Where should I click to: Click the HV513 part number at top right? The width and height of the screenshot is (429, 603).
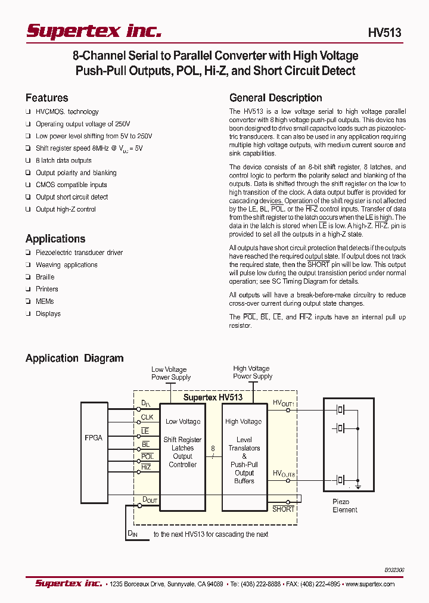click(x=385, y=33)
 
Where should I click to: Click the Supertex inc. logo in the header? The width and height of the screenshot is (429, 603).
click(x=94, y=31)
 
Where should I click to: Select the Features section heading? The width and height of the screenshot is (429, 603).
click(x=46, y=98)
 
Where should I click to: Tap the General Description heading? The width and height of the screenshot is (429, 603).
click(x=275, y=98)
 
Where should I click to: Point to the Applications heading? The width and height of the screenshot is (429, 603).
click(x=55, y=238)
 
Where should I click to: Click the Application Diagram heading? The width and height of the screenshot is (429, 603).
click(x=74, y=358)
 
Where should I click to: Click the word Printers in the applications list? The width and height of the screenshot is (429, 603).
click(x=47, y=289)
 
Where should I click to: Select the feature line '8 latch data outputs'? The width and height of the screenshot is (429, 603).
click(x=64, y=160)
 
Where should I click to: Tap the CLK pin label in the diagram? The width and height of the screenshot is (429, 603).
click(x=147, y=417)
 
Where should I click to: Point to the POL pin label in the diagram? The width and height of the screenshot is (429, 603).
click(x=147, y=456)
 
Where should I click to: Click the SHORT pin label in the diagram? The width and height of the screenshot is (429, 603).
click(x=283, y=509)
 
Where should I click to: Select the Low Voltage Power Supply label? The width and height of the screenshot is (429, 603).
click(x=170, y=373)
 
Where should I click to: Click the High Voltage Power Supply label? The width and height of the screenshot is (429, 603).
click(x=253, y=372)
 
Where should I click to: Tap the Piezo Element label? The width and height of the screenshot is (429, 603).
click(x=345, y=506)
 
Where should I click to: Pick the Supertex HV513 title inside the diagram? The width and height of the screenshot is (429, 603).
click(x=213, y=397)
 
